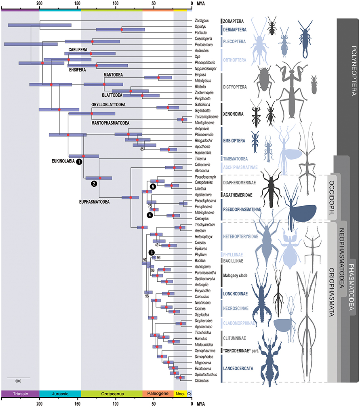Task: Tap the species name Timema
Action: pos(200,159)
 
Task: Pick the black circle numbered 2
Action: pos(94,183)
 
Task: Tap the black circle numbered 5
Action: pos(153,187)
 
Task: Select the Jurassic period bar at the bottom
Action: pos(60,394)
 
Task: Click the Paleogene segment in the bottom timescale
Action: pos(158,394)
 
